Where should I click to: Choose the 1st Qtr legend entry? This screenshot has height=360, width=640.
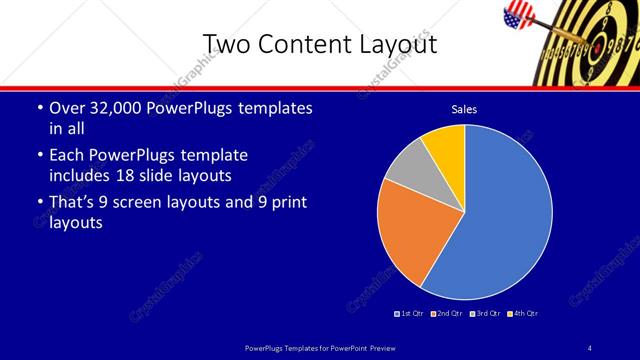point(410,313)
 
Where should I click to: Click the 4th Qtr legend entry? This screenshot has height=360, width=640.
point(523,313)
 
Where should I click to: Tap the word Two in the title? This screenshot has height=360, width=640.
point(228,45)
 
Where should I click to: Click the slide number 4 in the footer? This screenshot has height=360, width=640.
point(590,347)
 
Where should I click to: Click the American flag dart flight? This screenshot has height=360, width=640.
point(519,14)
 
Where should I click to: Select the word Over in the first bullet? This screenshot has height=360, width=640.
point(68,108)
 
